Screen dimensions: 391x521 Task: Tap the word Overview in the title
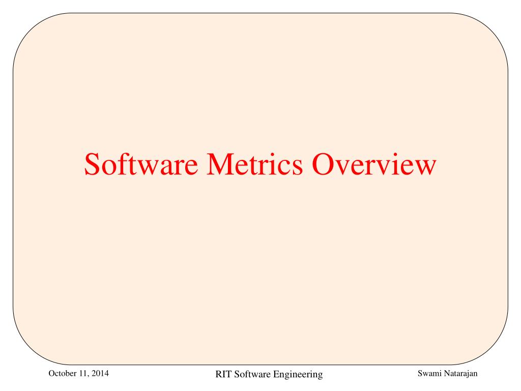coord(374,164)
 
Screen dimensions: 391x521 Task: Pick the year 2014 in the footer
coord(101,374)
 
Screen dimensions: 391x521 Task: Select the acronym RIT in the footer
coord(223,375)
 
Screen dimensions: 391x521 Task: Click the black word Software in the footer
coord(252,375)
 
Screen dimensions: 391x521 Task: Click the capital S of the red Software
coord(94,164)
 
